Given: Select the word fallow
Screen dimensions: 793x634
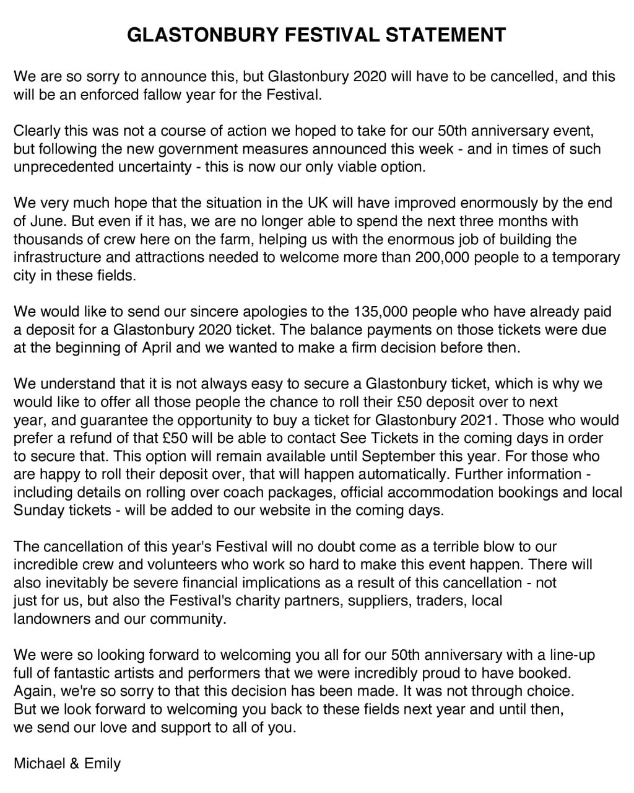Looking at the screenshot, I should click(176, 95).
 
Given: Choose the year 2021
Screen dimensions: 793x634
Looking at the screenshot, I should click(479, 419).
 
